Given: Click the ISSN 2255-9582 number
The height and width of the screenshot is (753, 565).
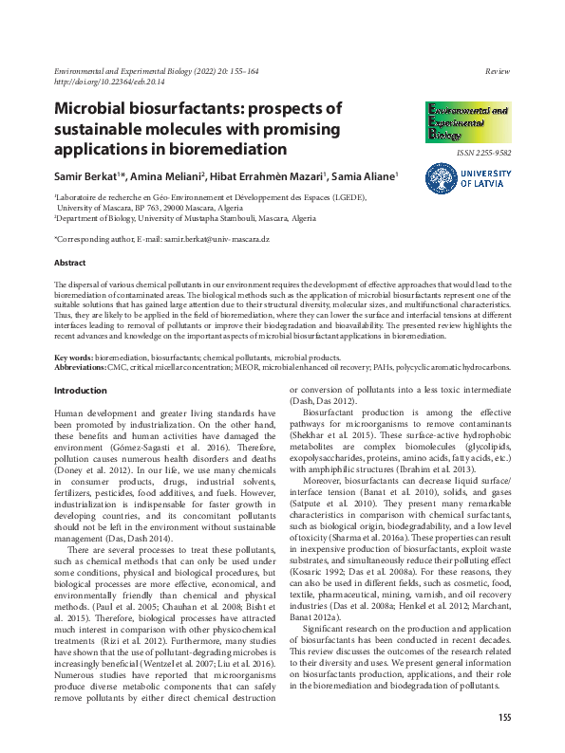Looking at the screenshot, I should tap(483, 152).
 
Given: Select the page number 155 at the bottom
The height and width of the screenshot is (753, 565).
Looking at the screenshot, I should tap(504, 716).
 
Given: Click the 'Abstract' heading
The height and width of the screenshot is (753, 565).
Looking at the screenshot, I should tap(70, 263).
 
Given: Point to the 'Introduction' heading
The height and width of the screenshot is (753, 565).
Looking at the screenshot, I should tap(81, 391).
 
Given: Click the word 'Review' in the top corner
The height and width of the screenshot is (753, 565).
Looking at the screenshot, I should tap(499, 72).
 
